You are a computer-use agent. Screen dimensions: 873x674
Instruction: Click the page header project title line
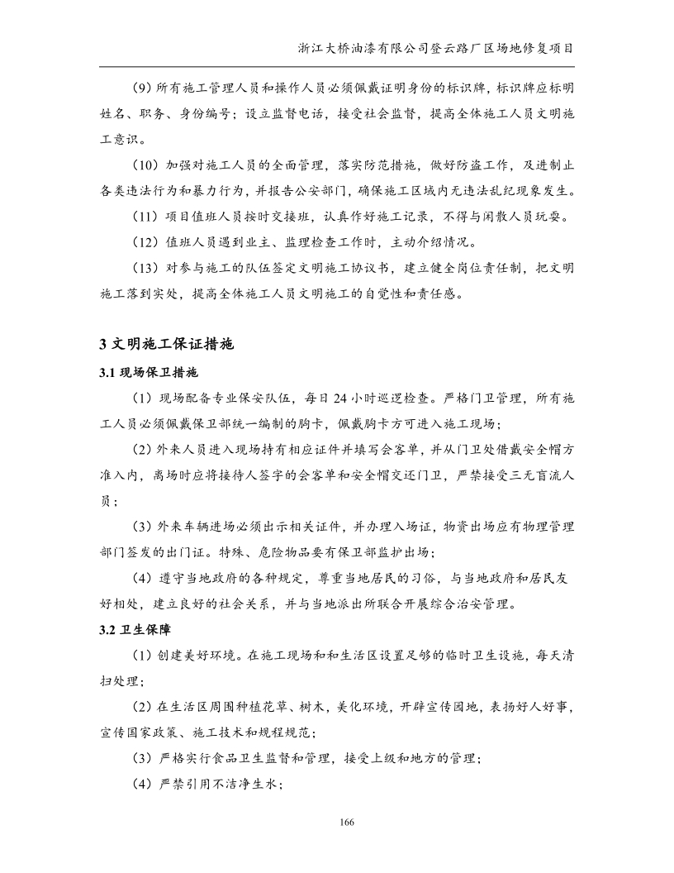436,48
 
